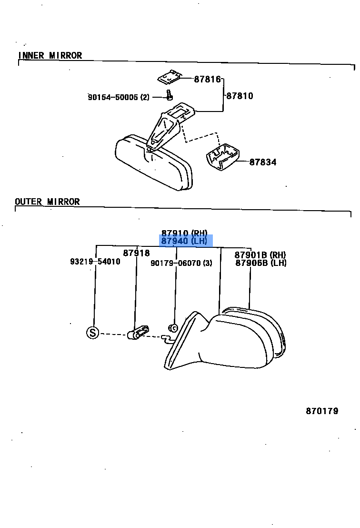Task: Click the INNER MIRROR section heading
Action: tap(50, 56)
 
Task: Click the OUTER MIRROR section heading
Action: tap(47, 202)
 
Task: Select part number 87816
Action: tap(207, 79)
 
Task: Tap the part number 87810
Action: tap(240, 96)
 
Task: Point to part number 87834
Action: tap(263, 162)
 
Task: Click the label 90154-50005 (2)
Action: tap(118, 97)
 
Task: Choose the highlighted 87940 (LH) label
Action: tap(185, 241)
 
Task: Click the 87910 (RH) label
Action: tap(184, 233)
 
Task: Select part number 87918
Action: tap(136, 253)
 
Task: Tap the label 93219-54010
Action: tap(95, 262)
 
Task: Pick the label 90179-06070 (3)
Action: tap(181, 263)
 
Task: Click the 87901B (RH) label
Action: tap(260, 255)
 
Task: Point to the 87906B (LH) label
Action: tap(260, 263)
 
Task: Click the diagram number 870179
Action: tap(322, 411)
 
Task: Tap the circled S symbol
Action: tap(92, 333)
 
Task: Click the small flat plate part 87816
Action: tap(170, 76)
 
